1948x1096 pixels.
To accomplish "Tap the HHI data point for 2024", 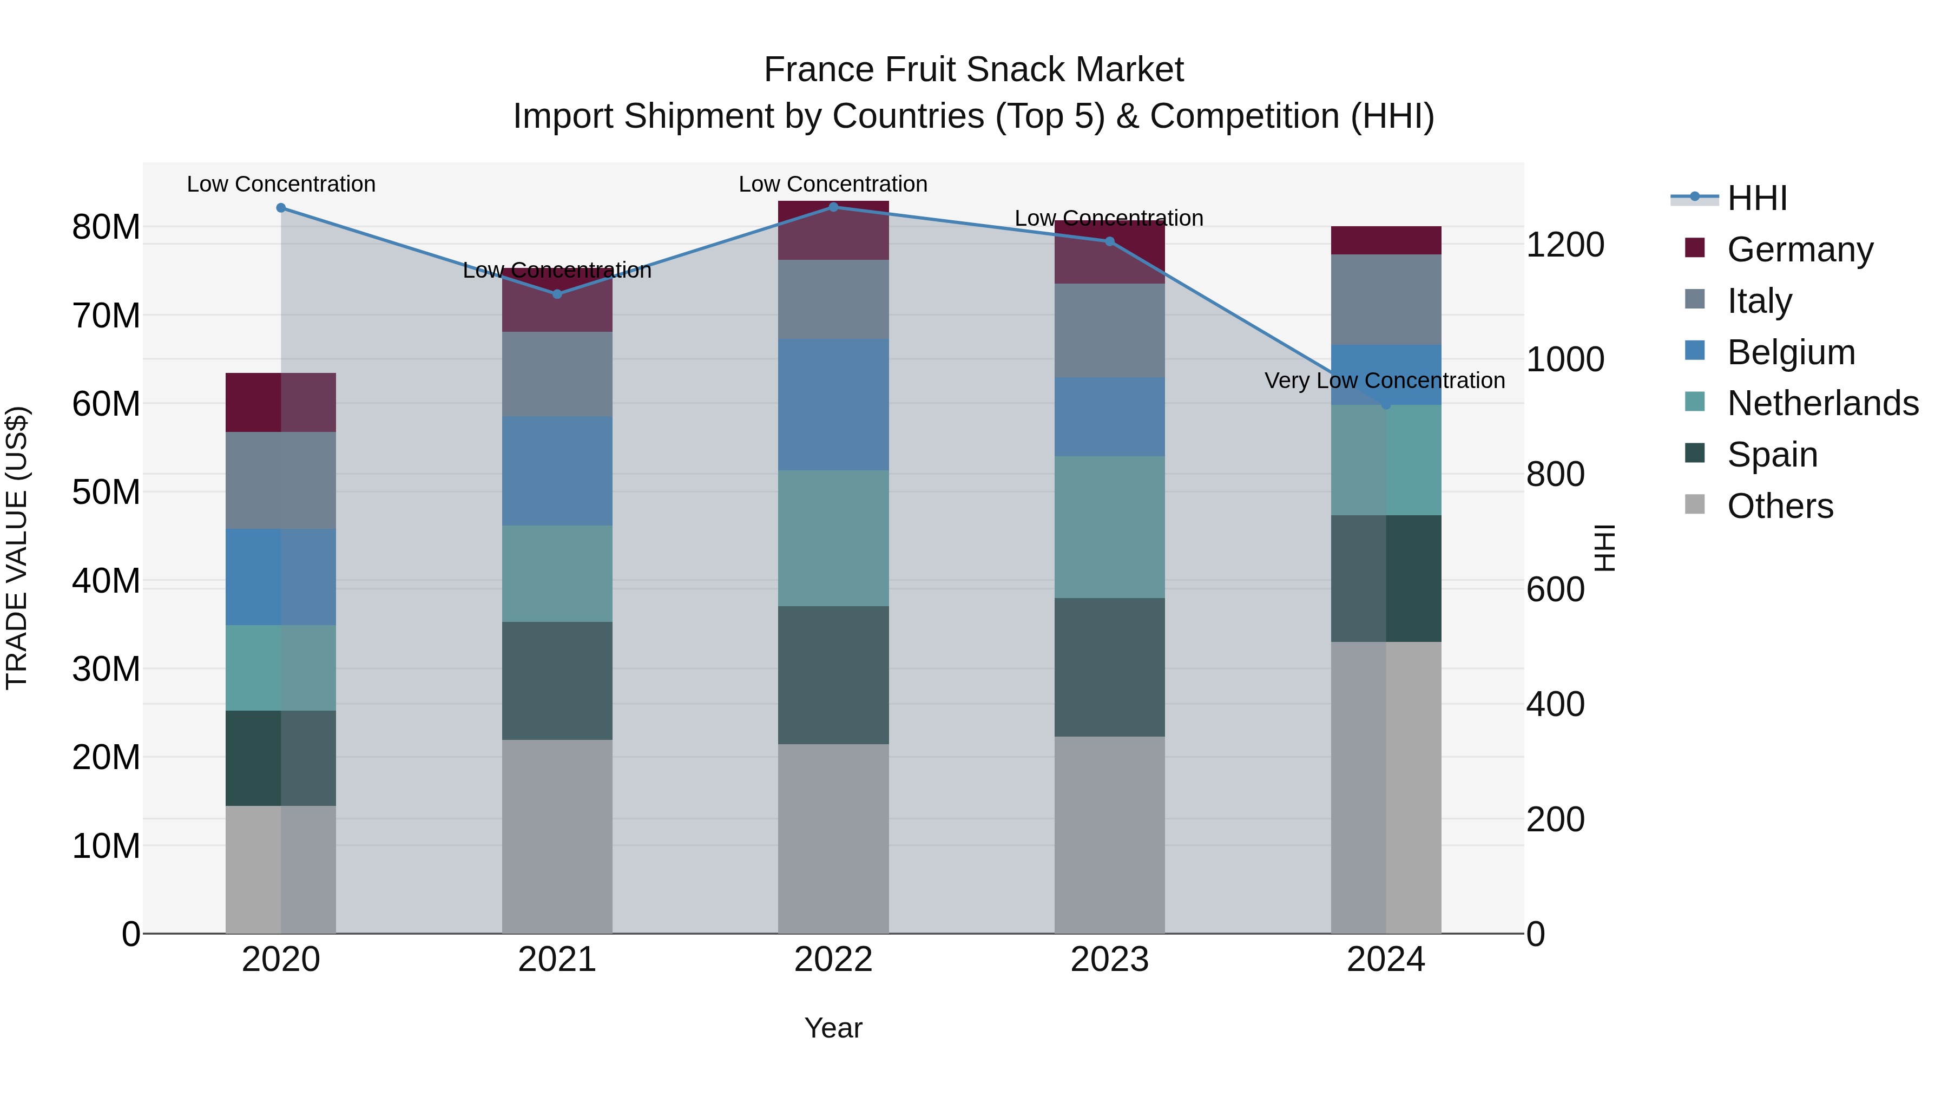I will click(1386, 405).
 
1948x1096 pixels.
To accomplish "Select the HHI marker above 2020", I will click(281, 208).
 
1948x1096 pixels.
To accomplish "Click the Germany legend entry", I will click(1800, 250).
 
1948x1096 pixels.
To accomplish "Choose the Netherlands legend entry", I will click(1822, 403).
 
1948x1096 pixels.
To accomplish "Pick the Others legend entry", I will click(1780, 506).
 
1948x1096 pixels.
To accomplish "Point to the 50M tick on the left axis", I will click(106, 493).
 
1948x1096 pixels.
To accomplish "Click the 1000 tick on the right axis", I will click(1564, 359).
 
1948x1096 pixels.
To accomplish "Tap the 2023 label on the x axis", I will click(1109, 960).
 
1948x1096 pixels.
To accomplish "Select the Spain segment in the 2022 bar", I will click(833, 675).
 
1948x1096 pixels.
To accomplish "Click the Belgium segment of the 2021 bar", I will click(557, 470).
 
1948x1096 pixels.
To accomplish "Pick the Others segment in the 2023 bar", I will click(1109, 835).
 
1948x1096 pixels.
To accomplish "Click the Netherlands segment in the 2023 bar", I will click(1109, 527).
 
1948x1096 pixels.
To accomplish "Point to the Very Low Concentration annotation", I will click(1385, 380).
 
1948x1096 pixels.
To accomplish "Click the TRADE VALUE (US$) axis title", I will click(17, 548).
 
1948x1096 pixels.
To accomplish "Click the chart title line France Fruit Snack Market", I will click(973, 70).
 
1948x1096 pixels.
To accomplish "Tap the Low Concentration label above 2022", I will click(833, 184).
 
